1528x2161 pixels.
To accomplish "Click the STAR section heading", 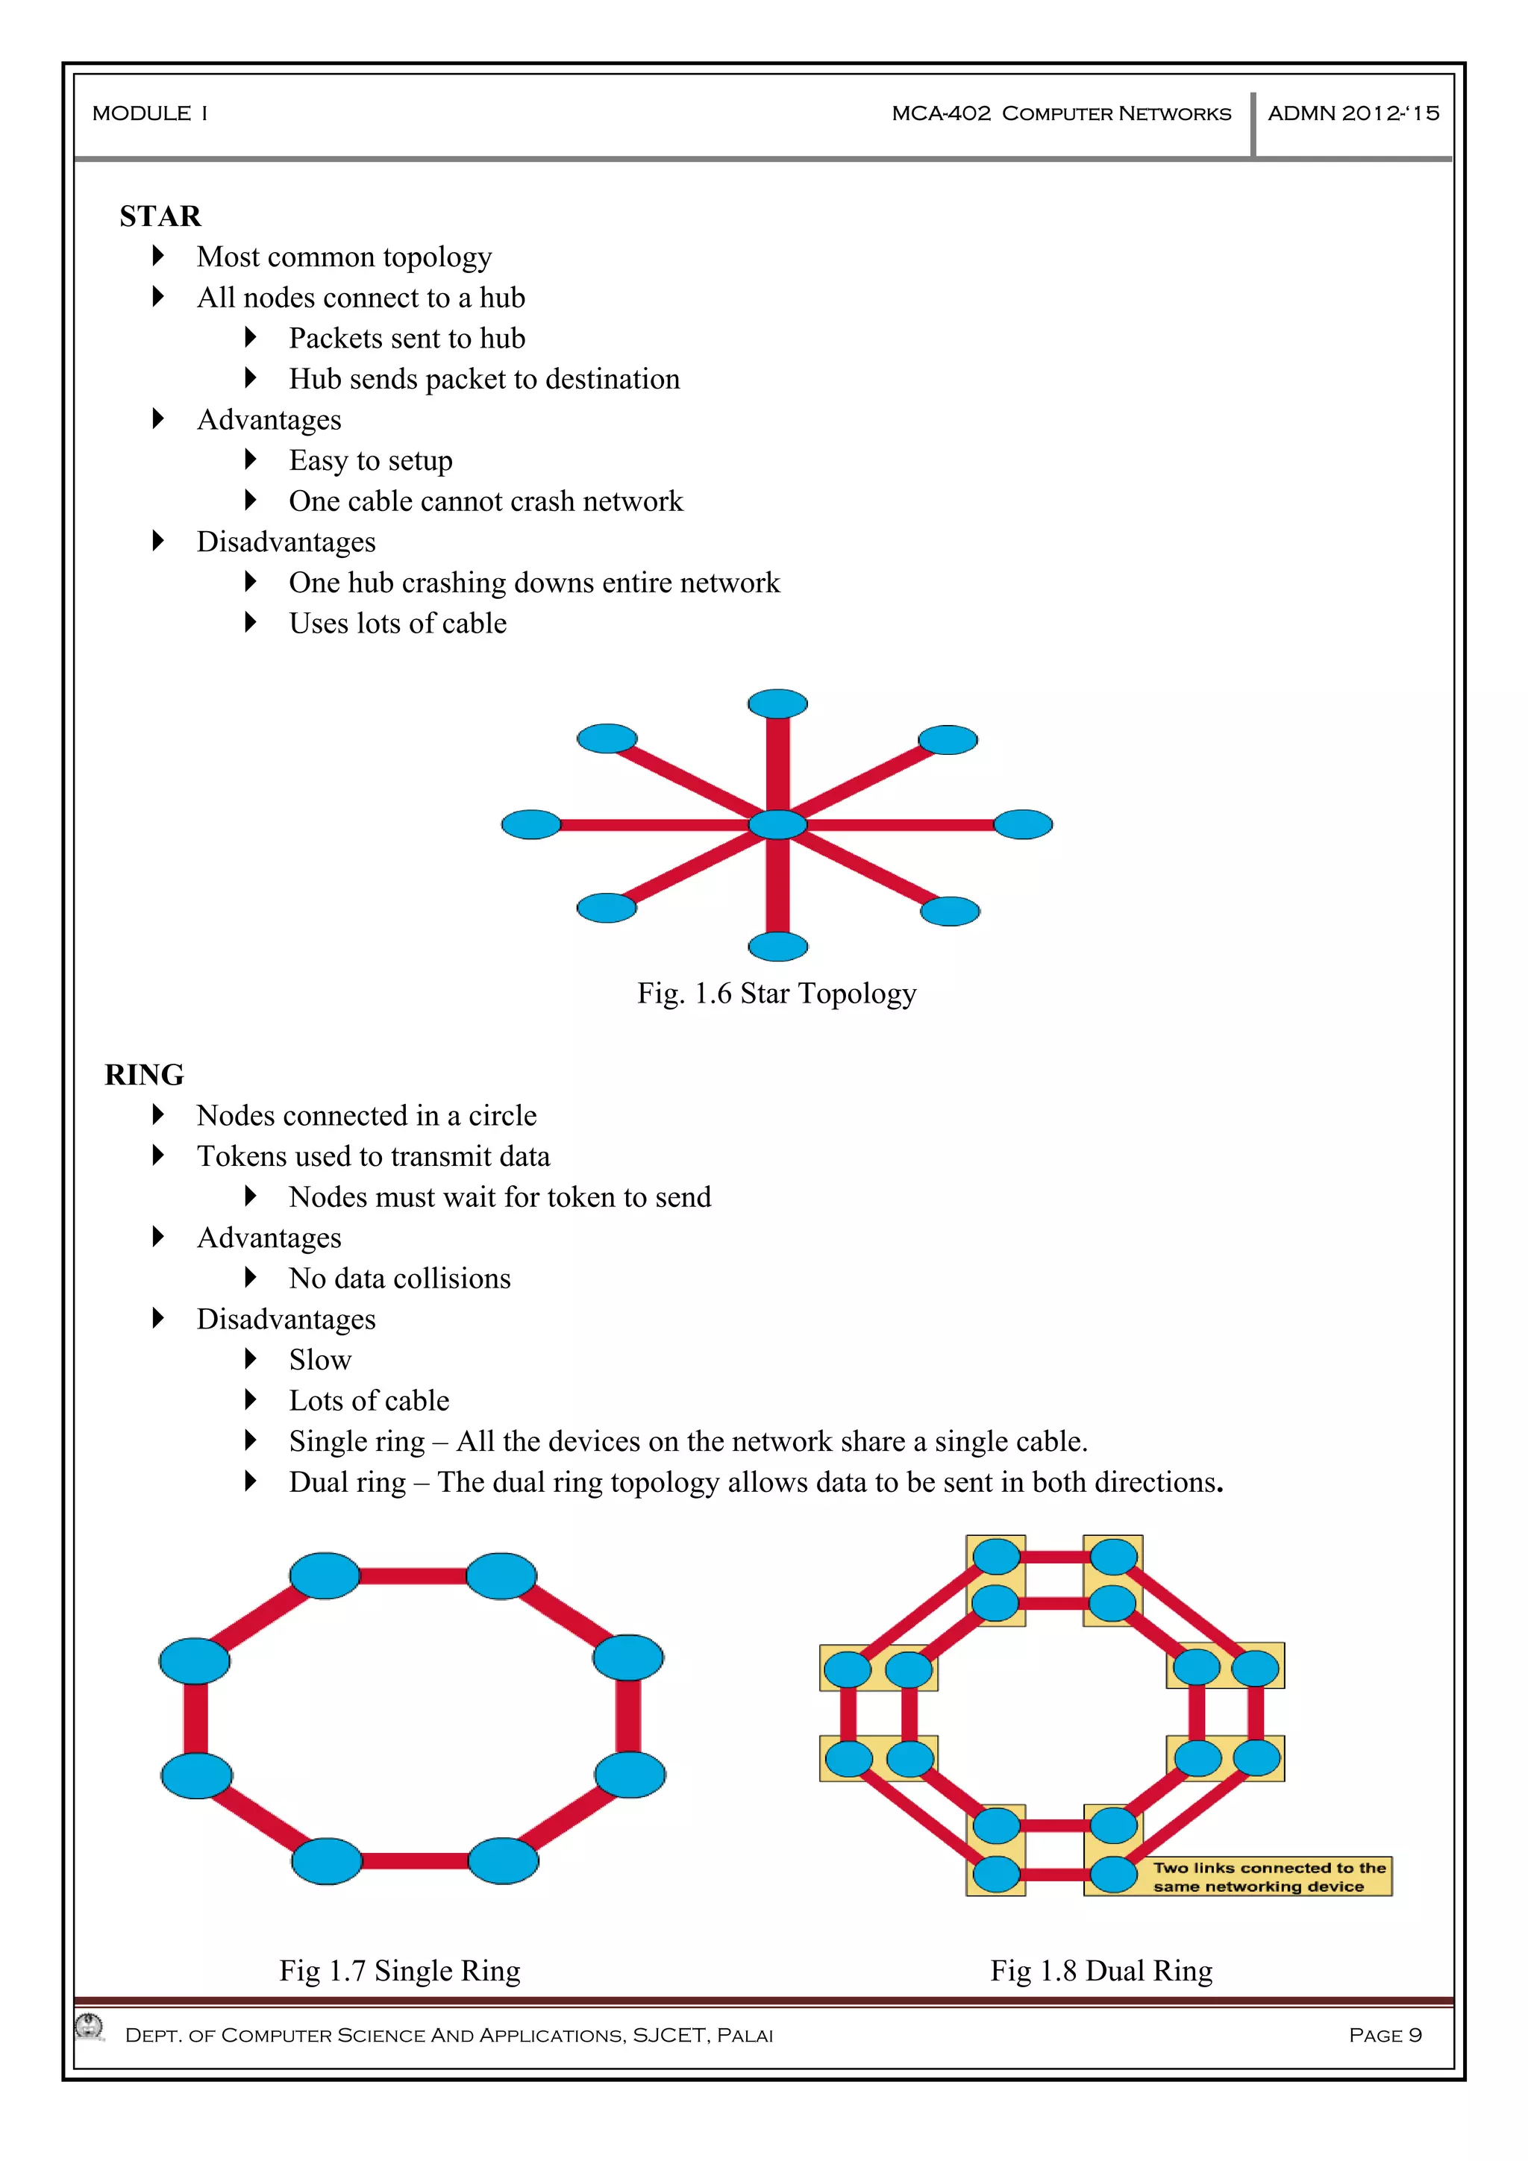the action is [x=160, y=216].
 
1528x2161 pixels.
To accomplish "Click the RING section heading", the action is [x=144, y=1075].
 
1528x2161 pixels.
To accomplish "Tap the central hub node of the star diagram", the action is [x=777, y=824].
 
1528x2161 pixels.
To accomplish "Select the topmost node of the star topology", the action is [x=777, y=703].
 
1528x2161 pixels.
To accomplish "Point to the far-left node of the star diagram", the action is [x=531, y=824].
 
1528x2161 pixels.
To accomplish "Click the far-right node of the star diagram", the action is [x=1024, y=824].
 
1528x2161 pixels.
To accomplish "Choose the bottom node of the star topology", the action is [x=777, y=946].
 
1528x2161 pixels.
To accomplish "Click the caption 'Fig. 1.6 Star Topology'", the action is [x=777, y=994].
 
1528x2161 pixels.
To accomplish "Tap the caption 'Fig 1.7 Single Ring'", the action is [x=399, y=1971].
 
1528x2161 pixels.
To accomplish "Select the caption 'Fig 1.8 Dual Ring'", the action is [x=1100, y=1971].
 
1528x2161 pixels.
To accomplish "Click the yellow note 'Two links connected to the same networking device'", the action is [x=1268, y=1877].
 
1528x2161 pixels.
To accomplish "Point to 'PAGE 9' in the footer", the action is [x=1385, y=2035].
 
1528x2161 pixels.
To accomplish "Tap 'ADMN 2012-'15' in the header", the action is [x=1353, y=114].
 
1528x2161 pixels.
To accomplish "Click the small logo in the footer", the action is [x=90, y=2027].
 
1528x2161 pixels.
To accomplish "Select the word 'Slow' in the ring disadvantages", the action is [x=320, y=1360].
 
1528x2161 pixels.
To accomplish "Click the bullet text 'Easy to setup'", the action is [x=371, y=460].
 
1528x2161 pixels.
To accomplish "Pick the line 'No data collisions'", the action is [x=399, y=1279].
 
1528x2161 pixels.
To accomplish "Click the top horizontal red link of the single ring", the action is [x=413, y=1576].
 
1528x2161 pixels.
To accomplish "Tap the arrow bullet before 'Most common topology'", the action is [x=158, y=256].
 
